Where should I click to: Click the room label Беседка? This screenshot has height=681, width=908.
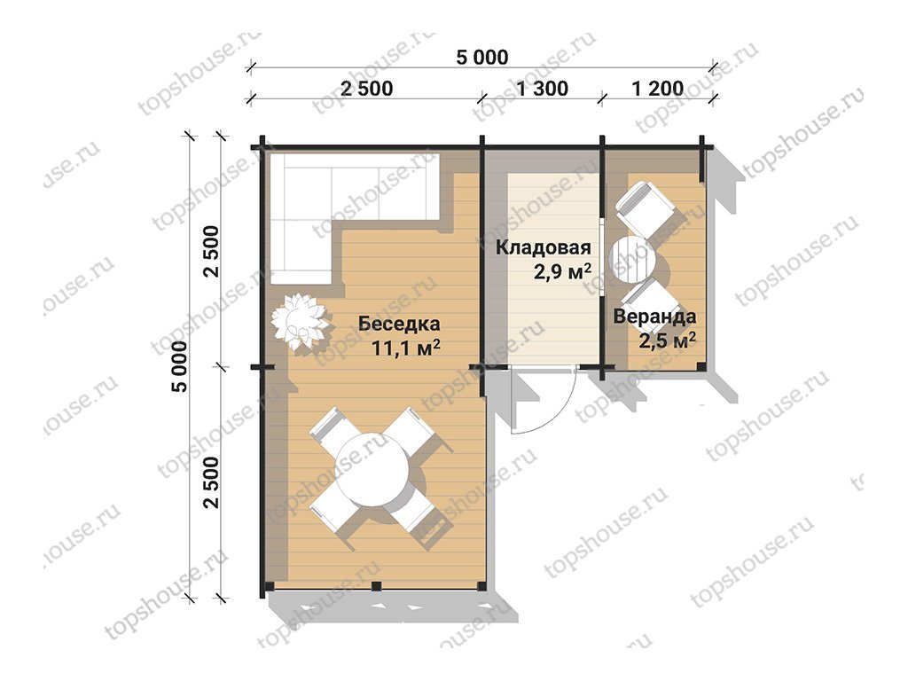tap(399, 324)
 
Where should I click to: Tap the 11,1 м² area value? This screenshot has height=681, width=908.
tap(406, 348)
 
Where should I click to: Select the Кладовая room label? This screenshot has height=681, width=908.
tap(544, 248)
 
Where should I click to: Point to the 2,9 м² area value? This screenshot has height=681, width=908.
tap(562, 271)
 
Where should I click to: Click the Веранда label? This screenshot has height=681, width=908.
tap(655, 317)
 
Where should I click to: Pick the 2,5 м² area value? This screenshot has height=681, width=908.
tap(668, 340)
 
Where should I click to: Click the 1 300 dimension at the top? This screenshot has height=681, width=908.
tap(542, 89)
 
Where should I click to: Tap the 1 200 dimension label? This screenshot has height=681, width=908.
tap(658, 89)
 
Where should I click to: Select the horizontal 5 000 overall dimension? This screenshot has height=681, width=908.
tap(482, 58)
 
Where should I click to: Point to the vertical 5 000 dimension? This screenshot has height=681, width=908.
tap(180, 366)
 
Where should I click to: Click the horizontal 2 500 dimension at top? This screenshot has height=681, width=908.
tap(366, 89)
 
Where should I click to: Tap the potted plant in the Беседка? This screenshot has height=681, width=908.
tap(300, 322)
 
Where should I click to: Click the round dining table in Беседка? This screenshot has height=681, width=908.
tap(373, 471)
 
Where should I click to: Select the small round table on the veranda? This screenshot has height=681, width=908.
tap(632, 259)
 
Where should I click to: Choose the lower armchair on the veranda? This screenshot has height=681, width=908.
tap(651, 305)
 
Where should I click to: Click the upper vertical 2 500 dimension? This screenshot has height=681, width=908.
tap(212, 251)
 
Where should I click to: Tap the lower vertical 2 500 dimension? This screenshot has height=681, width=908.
tap(212, 482)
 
